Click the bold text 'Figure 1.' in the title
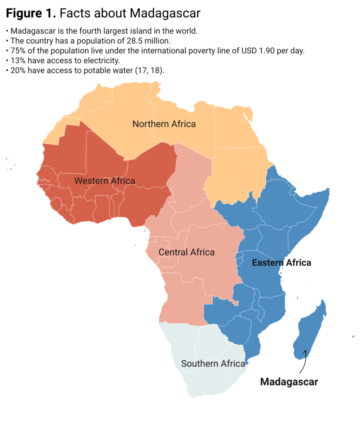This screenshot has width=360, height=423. [x=31, y=14]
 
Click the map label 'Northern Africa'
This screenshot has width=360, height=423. [x=164, y=124]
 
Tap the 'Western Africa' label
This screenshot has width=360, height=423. [x=105, y=181]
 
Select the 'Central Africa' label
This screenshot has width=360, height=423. [x=186, y=252]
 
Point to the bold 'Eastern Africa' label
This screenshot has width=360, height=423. [x=281, y=263]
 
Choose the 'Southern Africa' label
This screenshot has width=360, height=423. [x=213, y=364]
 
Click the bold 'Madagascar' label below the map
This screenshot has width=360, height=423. [x=289, y=382]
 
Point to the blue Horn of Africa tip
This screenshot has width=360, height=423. [x=327, y=192]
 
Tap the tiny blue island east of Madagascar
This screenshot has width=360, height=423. [x=353, y=337]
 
